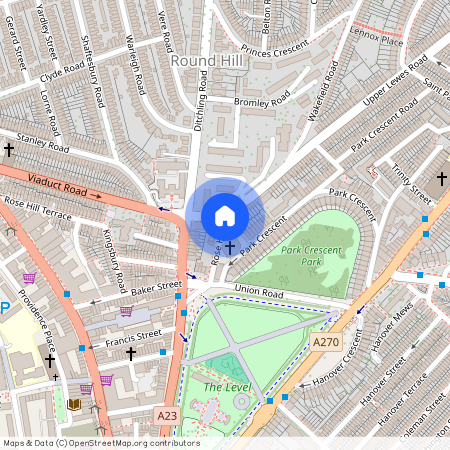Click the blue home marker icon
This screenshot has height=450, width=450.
point(225,216)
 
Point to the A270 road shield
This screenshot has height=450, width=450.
point(326,342)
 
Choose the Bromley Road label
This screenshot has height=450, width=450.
point(259,101)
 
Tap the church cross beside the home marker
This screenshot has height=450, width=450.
point(230,247)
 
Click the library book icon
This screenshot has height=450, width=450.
point(74,404)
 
